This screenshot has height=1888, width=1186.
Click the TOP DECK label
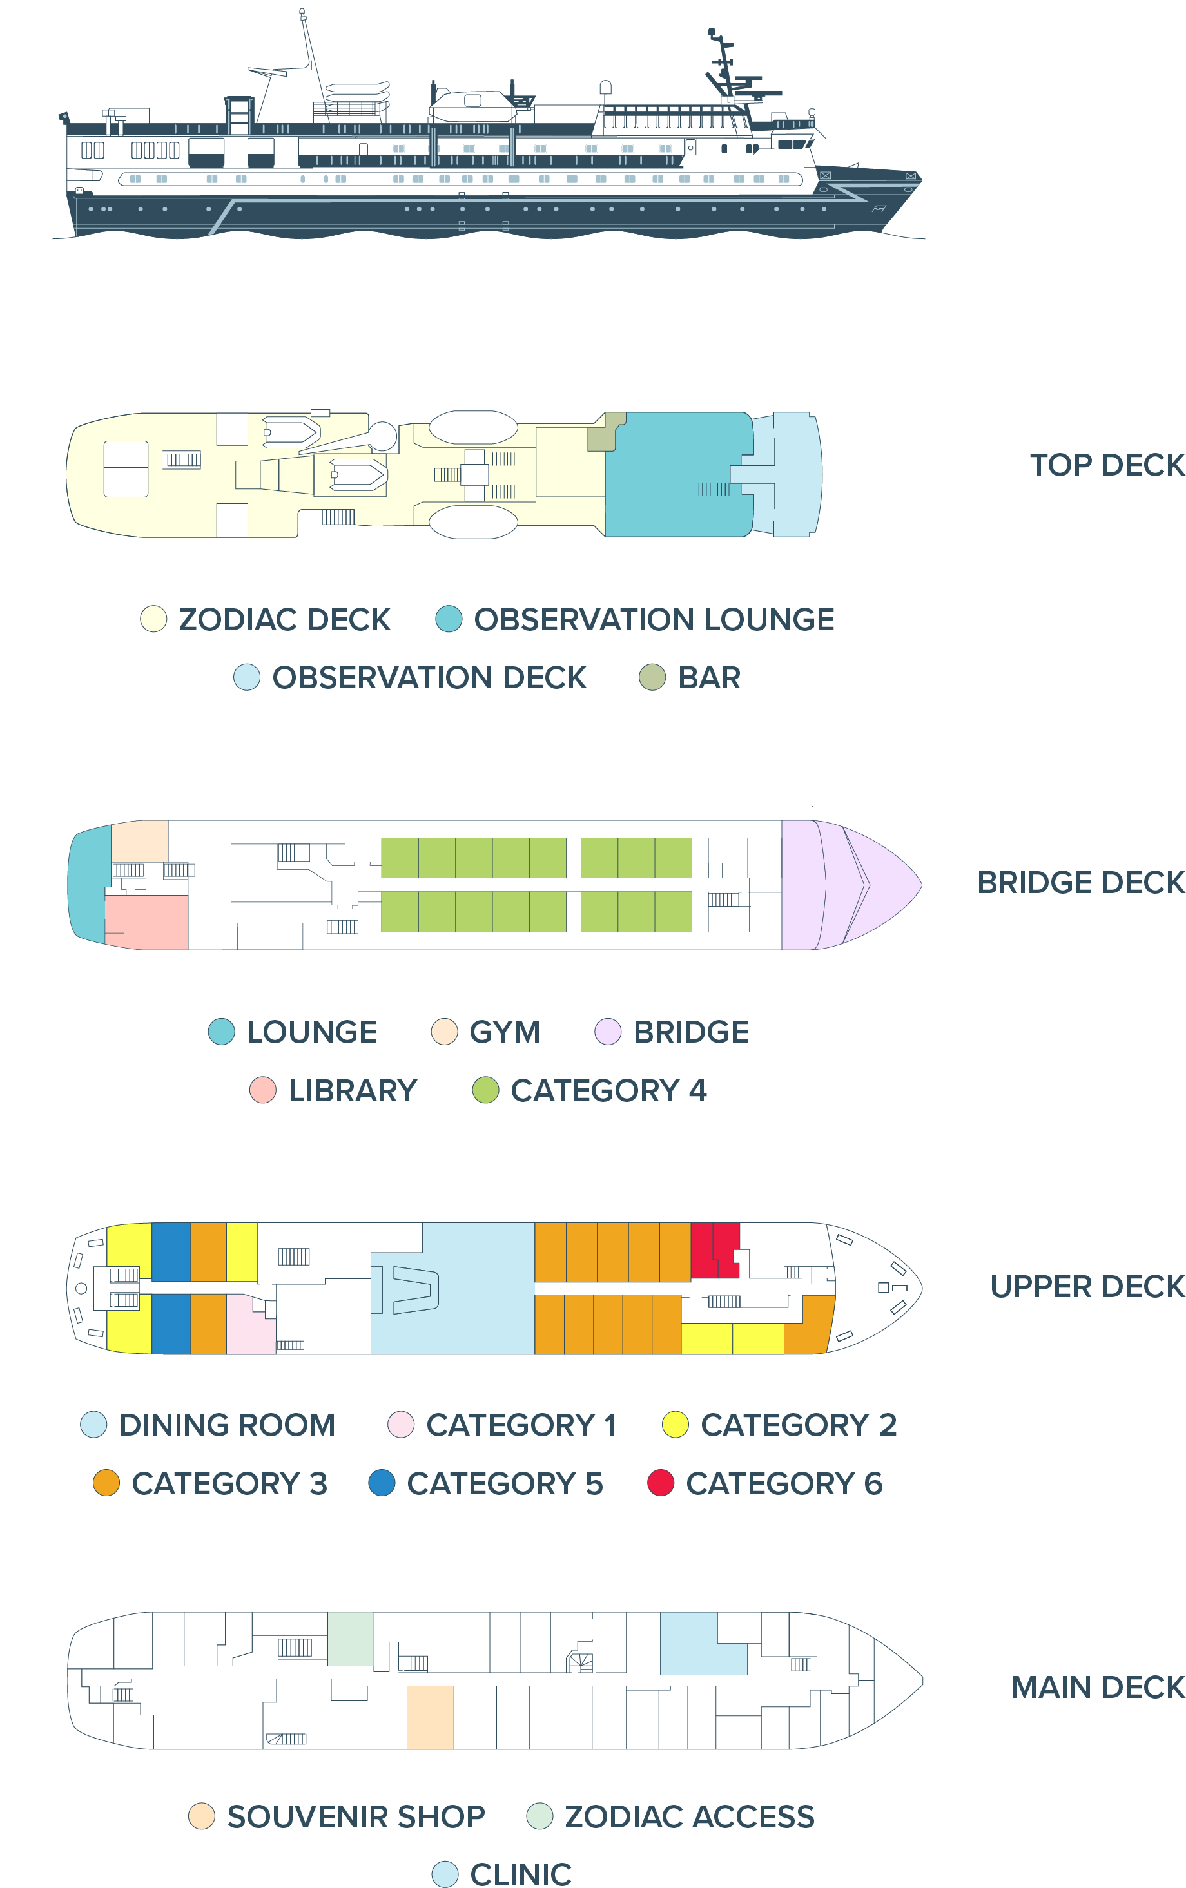click(1107, 465)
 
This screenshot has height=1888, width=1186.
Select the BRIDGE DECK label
click(1080, 883)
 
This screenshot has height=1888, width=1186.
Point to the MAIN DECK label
click(1097, 1688)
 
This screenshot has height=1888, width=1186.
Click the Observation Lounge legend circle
click(449, 619)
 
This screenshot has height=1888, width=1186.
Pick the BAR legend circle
click(652, 677)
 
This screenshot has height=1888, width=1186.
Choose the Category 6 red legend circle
click(661, 1483)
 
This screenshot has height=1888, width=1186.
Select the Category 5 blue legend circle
click(381, 1483)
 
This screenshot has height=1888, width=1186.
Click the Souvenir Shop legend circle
click(202, 1816)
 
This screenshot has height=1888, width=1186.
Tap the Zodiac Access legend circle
click(540, 1816)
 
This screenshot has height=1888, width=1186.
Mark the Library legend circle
click(263, 1090)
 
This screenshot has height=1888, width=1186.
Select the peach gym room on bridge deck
click(140, 842)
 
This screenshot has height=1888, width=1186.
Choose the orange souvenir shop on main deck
click(430, 1717)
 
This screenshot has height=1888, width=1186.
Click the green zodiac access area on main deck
click(350, 1639)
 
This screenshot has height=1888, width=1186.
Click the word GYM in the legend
click(504, 1032)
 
